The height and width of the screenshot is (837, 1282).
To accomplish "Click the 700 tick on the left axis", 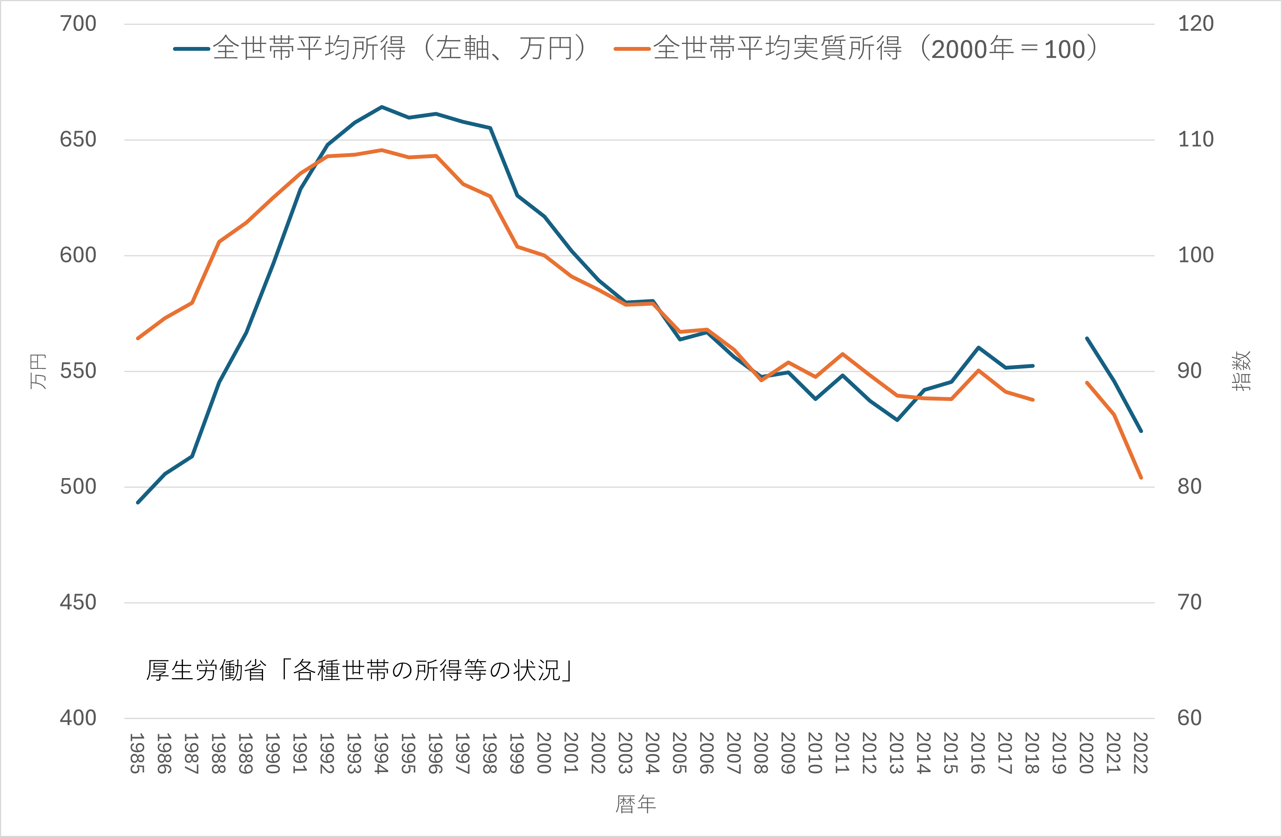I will pyautogui.click(x=78, y=24).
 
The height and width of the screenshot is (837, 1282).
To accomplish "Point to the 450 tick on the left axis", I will pyautogui.click(x=78, y=602).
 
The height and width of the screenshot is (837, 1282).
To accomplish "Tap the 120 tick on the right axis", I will pyautogui.click(x=1195, y=24).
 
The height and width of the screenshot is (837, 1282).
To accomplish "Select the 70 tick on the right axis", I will pyautogui.click(x=1189, y=602).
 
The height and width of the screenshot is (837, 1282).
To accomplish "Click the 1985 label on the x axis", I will pyautogui.click(x=137, y=753).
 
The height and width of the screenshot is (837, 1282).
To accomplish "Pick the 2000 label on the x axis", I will pyautogui.click(x=544, y=753).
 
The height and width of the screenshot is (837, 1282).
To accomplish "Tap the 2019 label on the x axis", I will pyautogui.click(x=1059, y=753).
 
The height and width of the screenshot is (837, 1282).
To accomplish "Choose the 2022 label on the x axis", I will pyautogui.click(x=1140, y=753).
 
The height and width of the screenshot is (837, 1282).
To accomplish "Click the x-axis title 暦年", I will pyautogui.click(x=636, y=804).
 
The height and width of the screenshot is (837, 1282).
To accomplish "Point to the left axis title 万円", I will pyautogui.click(x=38, y=371).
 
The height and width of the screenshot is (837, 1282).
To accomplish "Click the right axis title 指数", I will pyautogui.click(x=1241, y=371).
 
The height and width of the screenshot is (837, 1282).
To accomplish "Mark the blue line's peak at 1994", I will pyautogui.click(x=381, y=107).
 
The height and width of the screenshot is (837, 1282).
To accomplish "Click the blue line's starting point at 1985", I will pyautogui.click(x=138, y=503).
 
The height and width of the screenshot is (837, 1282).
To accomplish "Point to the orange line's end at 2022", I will pyautogui.click(x=1141, y=477).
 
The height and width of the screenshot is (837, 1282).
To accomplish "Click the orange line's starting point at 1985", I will pyautogui.click(x=138, y=338).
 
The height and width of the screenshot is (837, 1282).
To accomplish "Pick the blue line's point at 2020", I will pyautogui.click(x=1087, y=338).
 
